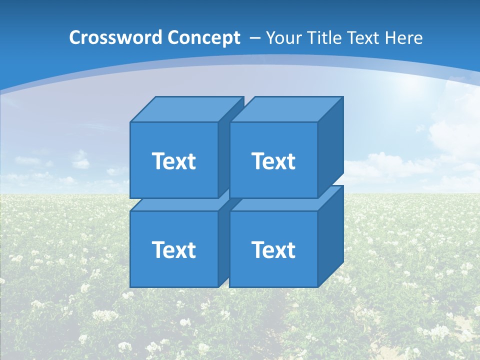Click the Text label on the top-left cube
click(x=173, y=161)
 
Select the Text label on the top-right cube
click(x=273, y=161)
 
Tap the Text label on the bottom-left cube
click(x=173, y=249)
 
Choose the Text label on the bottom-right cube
click(x=273, y=249)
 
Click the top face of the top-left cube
click(x=186, y=109)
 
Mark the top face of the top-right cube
click(x=285, y=109)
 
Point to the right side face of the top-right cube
click(x=330, y=148)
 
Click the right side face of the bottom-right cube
click(x=330, y=236)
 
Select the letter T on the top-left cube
click(x=158, y=161)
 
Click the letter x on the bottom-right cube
click(x=279, y=251)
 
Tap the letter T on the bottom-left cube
click(x=158, y=249)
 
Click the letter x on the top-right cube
click(x=279, y=162)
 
